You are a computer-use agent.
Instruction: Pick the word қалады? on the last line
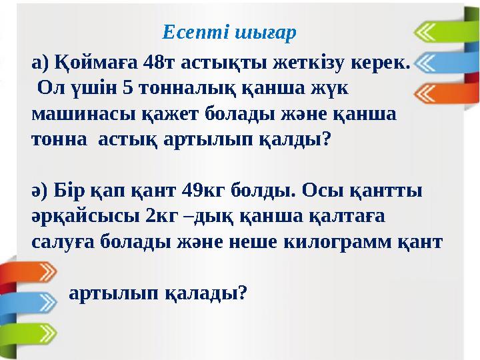[x=205, y=292]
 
